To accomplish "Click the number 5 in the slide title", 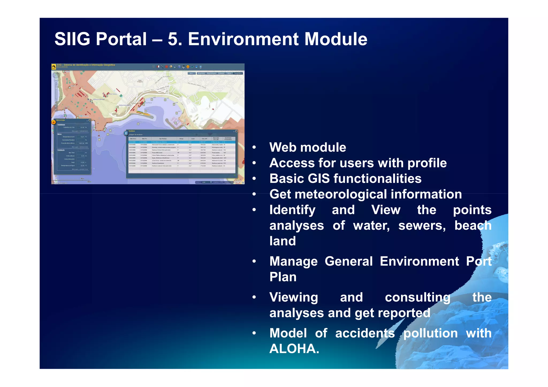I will [x=173, y=39].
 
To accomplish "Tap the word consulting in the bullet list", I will [x=417, y=297].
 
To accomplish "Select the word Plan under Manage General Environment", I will [x=283, y=277].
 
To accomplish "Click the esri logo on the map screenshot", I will [x=237, y=182].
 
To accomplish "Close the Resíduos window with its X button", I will [x=236, y=131].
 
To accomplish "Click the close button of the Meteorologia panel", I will [x=90, y=120].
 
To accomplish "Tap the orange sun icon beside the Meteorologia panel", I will [x=54, y=122].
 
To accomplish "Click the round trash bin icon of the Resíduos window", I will [x=126, y=133].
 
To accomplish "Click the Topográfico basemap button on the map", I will [x=238, y=73].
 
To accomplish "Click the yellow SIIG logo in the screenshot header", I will [x=54, y=66].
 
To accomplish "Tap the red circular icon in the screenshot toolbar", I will [x=166, y=67].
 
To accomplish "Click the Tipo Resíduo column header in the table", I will [x=163, y=139].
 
